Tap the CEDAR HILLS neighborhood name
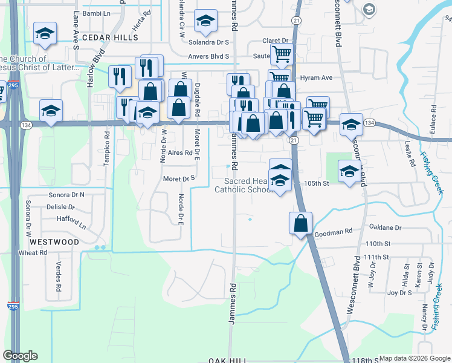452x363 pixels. [x=110, y=37]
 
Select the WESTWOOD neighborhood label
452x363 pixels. [x=54, y=241]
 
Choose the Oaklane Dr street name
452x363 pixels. [x=385, y=228]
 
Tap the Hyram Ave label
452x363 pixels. [x=317, y=78]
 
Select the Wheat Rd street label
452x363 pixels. [x=33, y=252]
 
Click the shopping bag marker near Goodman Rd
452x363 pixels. [x=301, y=223]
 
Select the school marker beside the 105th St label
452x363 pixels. [x=349, y=171]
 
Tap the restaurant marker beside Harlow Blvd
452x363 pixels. [x=120, y=76]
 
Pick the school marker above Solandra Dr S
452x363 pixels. [x=205, y=21]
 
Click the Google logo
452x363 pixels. [x=20, y=356]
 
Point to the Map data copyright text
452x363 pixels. [x=415, y=358]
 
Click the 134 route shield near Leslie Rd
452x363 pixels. [x=370, y=123]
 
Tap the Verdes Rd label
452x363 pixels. [x=59, y=279]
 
